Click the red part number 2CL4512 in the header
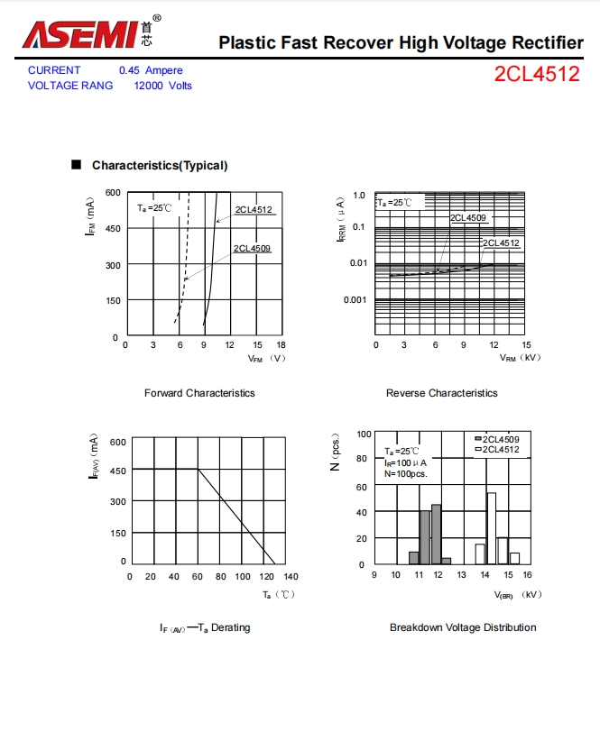536,75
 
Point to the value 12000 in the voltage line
148,86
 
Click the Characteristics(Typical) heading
160,166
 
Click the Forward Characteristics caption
199,393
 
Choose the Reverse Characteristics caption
441,393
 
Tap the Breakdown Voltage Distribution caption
462,627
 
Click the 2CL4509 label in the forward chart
252,249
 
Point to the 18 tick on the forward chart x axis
281,345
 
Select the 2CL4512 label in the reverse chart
501,243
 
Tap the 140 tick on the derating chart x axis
291,577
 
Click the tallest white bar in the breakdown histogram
492,527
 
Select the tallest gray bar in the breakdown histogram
437,534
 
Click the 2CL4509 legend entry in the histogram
500,439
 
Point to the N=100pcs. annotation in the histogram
406,473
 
